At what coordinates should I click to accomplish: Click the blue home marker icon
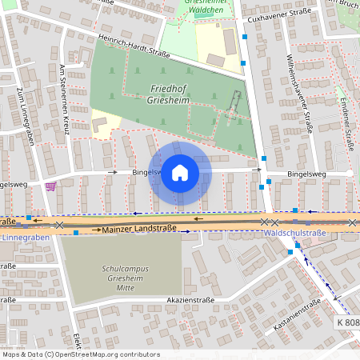point(180,173)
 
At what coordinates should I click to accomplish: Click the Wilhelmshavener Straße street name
point(299,92)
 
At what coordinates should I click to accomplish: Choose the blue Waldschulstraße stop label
point(294,234)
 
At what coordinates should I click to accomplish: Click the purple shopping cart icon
point(51,186)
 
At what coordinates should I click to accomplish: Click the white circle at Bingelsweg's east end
point(350,173)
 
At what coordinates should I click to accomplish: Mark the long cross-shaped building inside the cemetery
point(233,106)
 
